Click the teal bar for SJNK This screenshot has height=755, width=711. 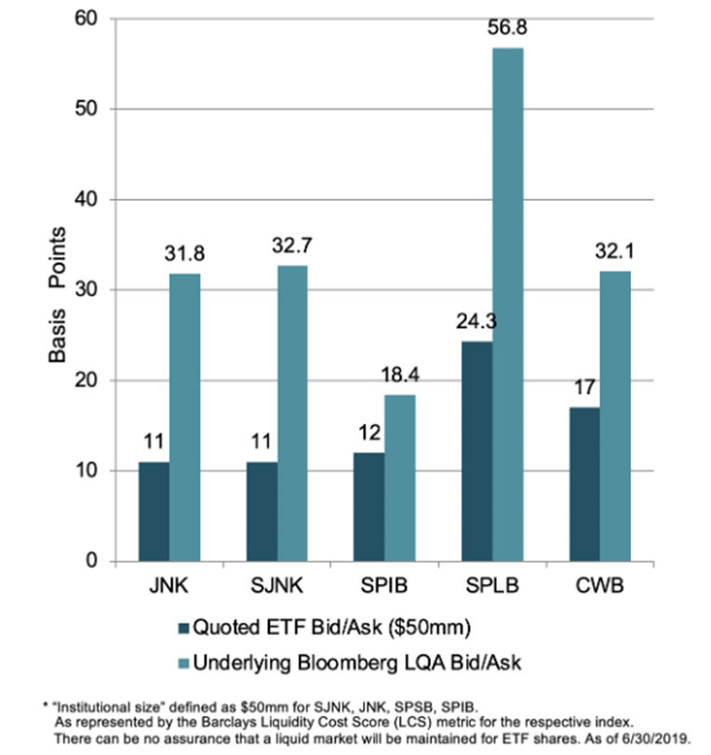tap(291, 414)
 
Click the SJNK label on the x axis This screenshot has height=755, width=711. tap(275, 587)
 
